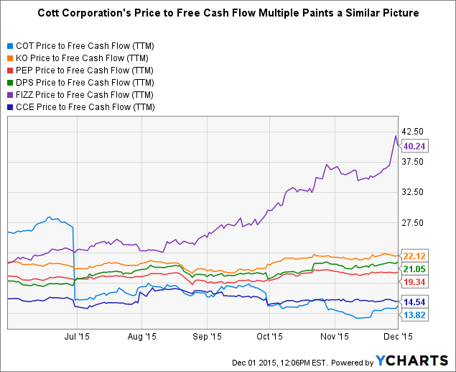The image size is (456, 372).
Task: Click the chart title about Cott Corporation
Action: (228, 14)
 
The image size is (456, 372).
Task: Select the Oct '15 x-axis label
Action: (269, 335)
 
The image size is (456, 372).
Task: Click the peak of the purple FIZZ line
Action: (395, 136)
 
